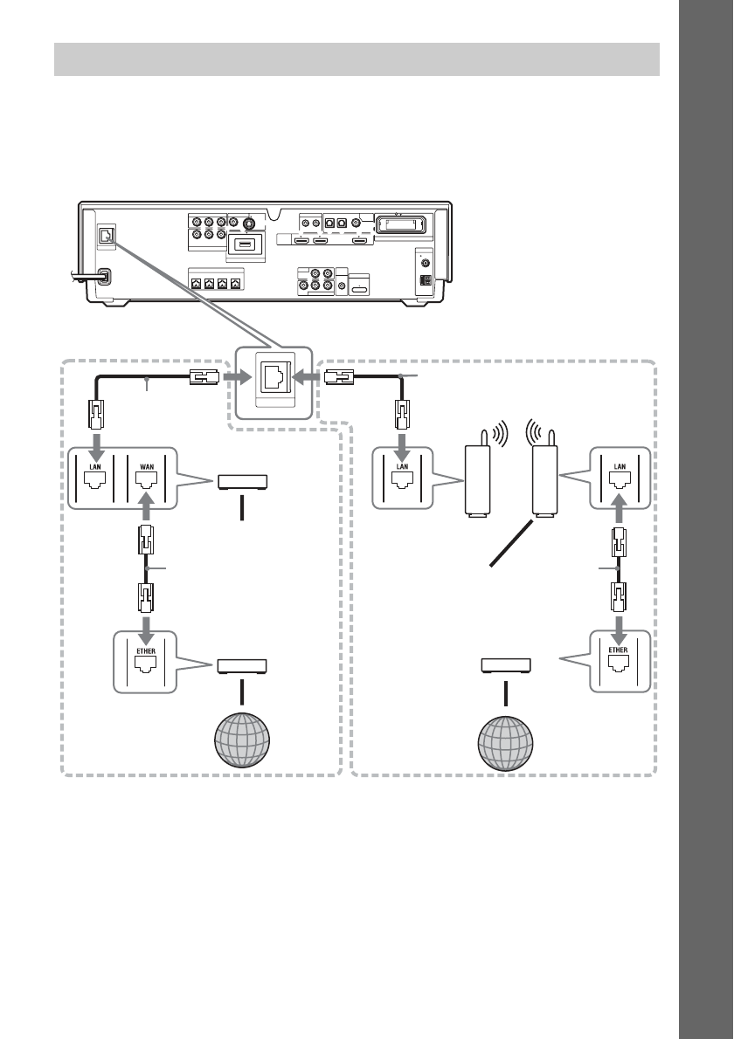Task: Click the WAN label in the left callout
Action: (x=147, y=466)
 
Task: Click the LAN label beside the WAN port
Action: (x=95, y=466)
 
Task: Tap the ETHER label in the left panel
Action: (x=146, y=651)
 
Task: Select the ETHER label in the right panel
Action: (x=618, y=650)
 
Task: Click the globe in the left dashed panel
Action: (x=242, y=740)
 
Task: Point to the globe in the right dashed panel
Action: (x=505, y=744)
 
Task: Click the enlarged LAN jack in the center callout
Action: (x=274, y=377)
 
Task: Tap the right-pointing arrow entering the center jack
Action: (x=237, y=377)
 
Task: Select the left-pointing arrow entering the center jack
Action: (x=307, y=377)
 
